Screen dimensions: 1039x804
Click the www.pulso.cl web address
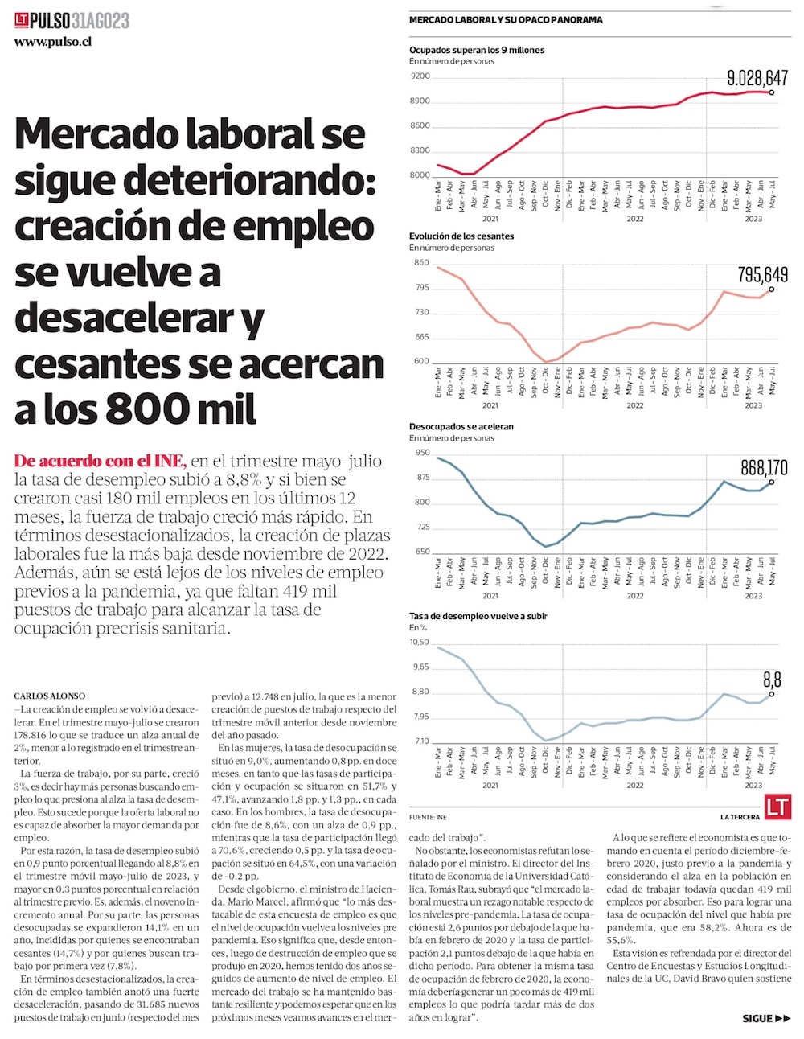pyautogui.click(x=52, y=41)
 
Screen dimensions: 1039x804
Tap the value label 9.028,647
pyautogui.click(x=757, y=78)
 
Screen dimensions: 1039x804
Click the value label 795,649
pyautogui.click(x=762, y=275)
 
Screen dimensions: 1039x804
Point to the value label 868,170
pyautogui.click(x=764, y=467)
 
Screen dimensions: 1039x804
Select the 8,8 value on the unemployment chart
pyautogui.click(x=772, y=680)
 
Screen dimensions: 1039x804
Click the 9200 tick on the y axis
pyautogui.click(x=420, y=76)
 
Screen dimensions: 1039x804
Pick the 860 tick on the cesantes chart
pyautogui.click(x=421, y=263)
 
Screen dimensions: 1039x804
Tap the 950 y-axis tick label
pyautogui.click(x=422, y=453)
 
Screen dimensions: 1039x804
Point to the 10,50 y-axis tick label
pyautogui.click(x=420, y=642)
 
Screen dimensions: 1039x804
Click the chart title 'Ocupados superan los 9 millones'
pyautogui.click(x=477, y=50)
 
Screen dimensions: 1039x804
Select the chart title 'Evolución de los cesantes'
pyautogui.click(x=461, y=236)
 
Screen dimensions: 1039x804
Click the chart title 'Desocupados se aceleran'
pyautogui.click(x=461, y=426)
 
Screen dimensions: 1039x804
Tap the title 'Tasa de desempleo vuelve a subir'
pyautogui.click(x=478, y=616)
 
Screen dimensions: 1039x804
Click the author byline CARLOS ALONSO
pyautogui.click(x=50, y=696)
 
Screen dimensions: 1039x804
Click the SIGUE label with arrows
pyautogui.click(x=766, y=1018)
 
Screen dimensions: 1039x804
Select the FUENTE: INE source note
pyautogui.click(x=428, y=817)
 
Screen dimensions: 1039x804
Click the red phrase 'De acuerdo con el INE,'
pyautogui.click(x=100, y=461)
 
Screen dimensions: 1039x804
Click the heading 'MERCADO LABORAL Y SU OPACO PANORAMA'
pyautogui.click(x=506, y=19)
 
